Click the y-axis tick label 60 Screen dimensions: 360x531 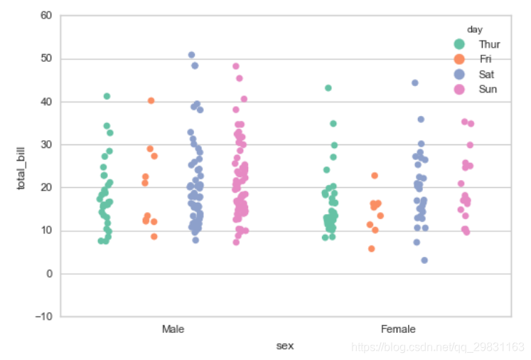click(x=45, y=15)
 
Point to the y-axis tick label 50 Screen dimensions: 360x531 click(x=45, y=58)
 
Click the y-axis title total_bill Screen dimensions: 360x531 click(x=21, y=166)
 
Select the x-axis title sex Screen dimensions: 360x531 click(x=285, y=346)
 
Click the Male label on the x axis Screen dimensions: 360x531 click(x=173, y=329)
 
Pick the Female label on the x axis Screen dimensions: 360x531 click(x=398, y=329)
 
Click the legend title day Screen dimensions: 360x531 click(x=475, y=29)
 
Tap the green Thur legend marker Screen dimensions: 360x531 click(x=460, y=44)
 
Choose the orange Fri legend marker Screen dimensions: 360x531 click(x=460, y=59)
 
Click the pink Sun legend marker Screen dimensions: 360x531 click(x=460, y=89)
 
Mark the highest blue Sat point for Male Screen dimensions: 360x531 click(x=191, y=55)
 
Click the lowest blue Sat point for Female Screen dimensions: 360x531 click(x=424, y=260)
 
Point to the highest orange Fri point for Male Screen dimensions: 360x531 click(x=151, y=101)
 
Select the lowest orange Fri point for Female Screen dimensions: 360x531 click(x=371, y=249)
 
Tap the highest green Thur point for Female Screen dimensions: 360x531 click(x=328, y=88)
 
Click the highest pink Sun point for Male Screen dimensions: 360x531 click(x=236, y=66)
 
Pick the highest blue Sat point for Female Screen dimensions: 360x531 click(x=414, y=83)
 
